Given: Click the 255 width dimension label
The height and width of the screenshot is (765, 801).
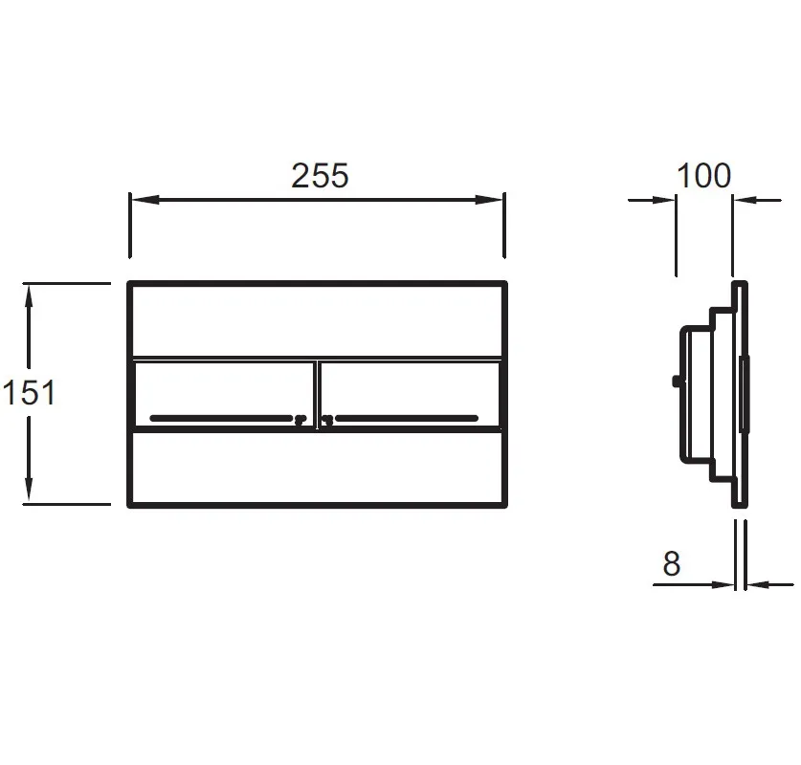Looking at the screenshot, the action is coord(320,176).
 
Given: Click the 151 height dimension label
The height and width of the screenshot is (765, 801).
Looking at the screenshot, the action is coord(29,392).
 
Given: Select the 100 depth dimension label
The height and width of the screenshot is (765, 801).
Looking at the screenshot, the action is coord(703,176).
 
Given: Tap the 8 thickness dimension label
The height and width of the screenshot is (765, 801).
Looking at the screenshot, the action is coord(671,563).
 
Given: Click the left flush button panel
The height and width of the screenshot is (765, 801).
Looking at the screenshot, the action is coord(223,395).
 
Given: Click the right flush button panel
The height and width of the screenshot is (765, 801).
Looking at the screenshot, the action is coord(410,395).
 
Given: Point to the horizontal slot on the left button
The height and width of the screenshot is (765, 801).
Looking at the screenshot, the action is coord(221,419).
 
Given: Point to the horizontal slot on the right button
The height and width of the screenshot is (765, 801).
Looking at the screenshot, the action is coord(407,419).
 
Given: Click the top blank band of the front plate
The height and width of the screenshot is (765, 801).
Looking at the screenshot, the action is coord(317,320).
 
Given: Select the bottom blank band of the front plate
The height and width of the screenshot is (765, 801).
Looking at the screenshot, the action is coord(317,468).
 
